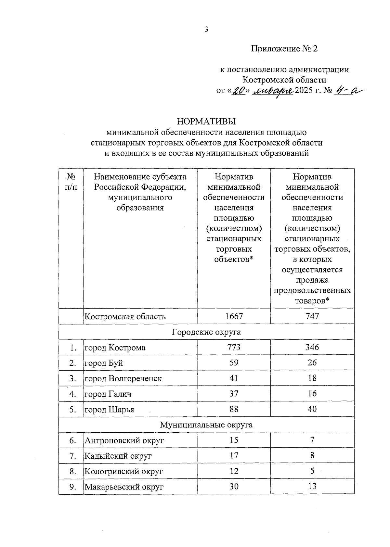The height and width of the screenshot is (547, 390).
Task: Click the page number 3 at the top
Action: click(x=206, y=30)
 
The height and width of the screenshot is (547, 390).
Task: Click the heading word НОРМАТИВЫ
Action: click(x=206, y=121)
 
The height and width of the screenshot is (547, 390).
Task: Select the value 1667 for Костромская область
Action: click(x=234, y=316)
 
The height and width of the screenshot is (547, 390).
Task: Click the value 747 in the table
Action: click(x=312, y=316)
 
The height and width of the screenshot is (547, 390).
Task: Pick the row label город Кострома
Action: click(x=115, y=348)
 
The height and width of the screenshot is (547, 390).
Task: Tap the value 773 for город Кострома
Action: click(x=234, y=347)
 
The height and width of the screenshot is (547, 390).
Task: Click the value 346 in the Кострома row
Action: click(x=312, y=347)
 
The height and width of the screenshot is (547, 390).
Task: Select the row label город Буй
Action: click(x=104, y=363)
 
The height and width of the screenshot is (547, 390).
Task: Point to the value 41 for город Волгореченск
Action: click(x=234, y=378)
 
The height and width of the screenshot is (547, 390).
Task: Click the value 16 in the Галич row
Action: click(x=312, y=394)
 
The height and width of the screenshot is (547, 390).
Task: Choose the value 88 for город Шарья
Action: click(x=234, y=409)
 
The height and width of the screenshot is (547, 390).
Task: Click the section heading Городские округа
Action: click(x=206, y=332)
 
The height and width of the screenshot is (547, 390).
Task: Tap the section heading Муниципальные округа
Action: click(x=206, y=425)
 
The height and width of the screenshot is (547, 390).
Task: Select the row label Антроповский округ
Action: click(x=124, y=440)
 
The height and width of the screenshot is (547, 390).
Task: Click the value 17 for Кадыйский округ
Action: click(x=234, y=456)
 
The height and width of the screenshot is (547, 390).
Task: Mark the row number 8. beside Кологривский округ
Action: click(x=73, y=471)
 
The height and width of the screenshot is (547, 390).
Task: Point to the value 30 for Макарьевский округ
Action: click(x=234, y=487)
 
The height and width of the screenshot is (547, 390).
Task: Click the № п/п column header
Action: click(x=71, y=182)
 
